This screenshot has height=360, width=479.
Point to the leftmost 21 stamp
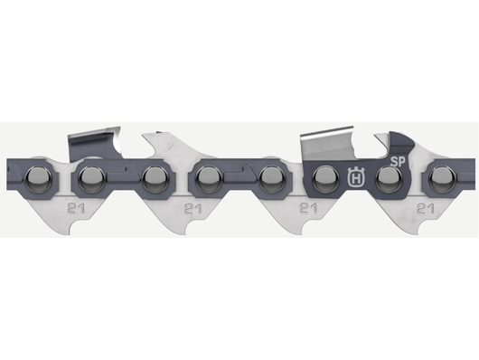pyautogui.click(x=70, y=208)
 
